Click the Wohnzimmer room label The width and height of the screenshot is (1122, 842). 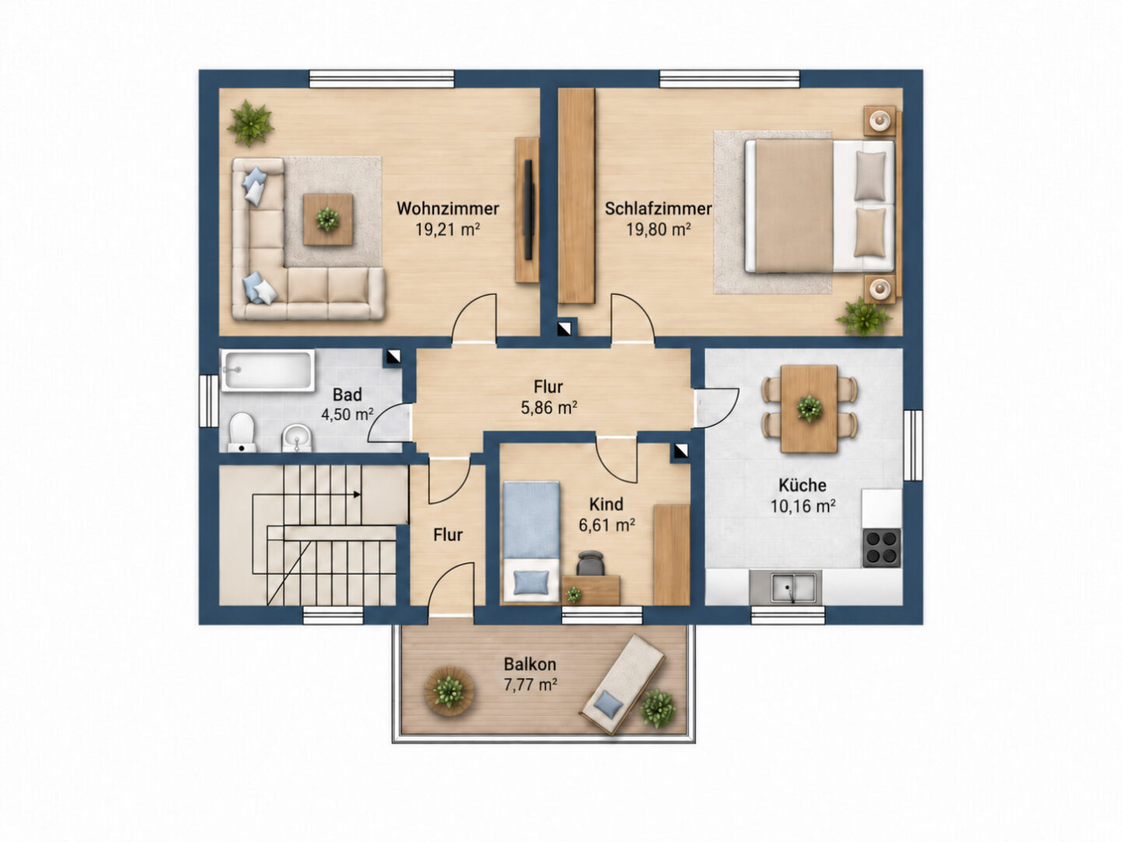point(448,209)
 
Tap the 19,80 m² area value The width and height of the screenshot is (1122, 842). point(658,229)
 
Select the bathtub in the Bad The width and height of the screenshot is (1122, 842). point(267,370)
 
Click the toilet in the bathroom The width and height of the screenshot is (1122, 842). point(242,433)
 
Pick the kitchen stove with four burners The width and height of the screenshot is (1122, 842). point(882,548)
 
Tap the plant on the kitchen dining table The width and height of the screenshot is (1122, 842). point(810,409)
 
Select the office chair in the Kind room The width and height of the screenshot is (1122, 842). point(591,564)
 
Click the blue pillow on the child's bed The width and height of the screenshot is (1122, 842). point(531,583)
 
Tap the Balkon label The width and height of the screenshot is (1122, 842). point(530,664)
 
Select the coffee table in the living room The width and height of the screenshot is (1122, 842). point(328,219)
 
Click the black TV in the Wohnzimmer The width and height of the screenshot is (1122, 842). point(528,210)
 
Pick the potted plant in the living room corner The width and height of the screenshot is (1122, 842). point(250,123)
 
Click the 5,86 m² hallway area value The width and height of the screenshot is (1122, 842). point(549,408)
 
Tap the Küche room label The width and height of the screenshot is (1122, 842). point(802,485)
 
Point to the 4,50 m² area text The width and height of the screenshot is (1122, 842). point(347,414)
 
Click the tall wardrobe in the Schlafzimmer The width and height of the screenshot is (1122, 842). point(576,196)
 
